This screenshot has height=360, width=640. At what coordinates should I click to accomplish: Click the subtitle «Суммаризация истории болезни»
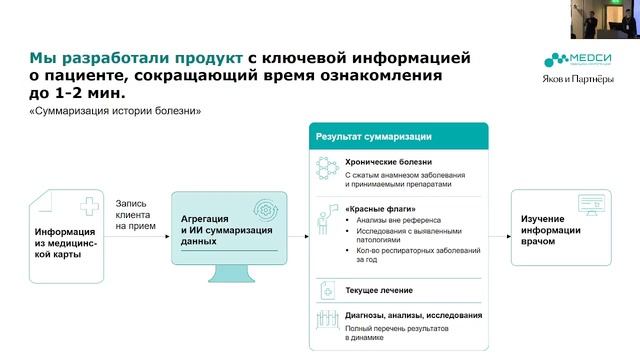[x=116, y=111]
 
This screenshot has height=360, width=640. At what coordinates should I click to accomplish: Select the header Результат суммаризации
[x=374, y=136]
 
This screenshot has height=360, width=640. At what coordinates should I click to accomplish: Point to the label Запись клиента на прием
[x=135, y=212]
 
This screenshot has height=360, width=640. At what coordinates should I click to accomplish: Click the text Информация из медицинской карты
[x=67, y=242]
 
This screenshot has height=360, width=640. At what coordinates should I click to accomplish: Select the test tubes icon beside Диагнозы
[x=326, y=320]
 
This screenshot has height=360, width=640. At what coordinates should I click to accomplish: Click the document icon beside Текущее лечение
[x=326, y=290]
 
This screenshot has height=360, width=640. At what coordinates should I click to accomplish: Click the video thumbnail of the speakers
[x=604, y=19]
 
